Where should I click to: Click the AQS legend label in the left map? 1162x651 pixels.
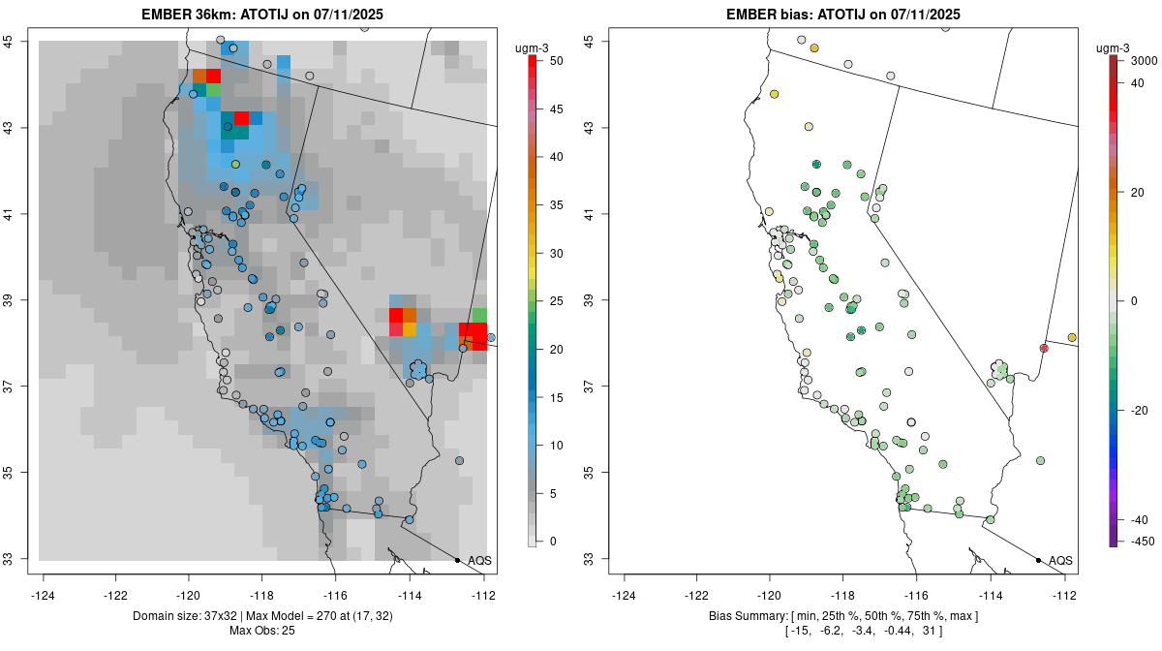[479, 560]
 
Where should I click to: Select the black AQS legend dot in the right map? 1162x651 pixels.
[1038, 560]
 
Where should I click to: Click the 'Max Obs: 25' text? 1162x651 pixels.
[262, 631]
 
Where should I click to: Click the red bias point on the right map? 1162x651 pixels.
[1044, 348]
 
